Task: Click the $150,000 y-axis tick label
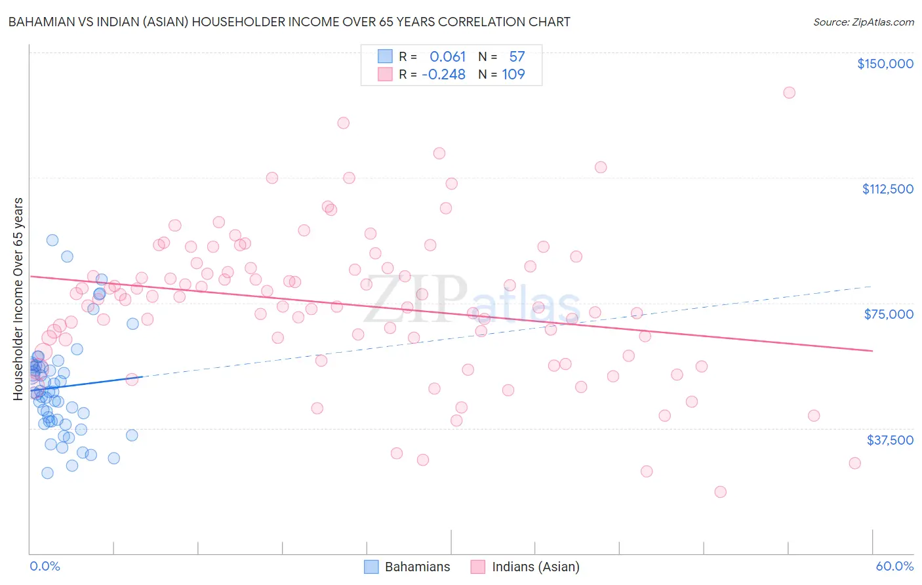point(885,64)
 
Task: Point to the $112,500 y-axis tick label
point(887,189)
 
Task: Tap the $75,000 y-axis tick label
point(889,314)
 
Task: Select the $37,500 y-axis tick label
point(890,439)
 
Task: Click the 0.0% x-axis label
point(45,566)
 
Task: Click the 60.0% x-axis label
point(894,566)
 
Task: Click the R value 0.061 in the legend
point(447,57)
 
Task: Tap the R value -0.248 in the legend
point(443,75)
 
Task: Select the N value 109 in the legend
point(513,75)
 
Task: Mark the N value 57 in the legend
point(517,57)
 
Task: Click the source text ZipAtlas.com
point(863,22)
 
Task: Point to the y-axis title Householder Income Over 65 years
point(18,298)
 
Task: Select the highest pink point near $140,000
point(789,92)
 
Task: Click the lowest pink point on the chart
point(720,492)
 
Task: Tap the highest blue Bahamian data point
point(52,240)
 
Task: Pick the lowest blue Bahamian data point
point(47,473)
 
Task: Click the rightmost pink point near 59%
point(854,463)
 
